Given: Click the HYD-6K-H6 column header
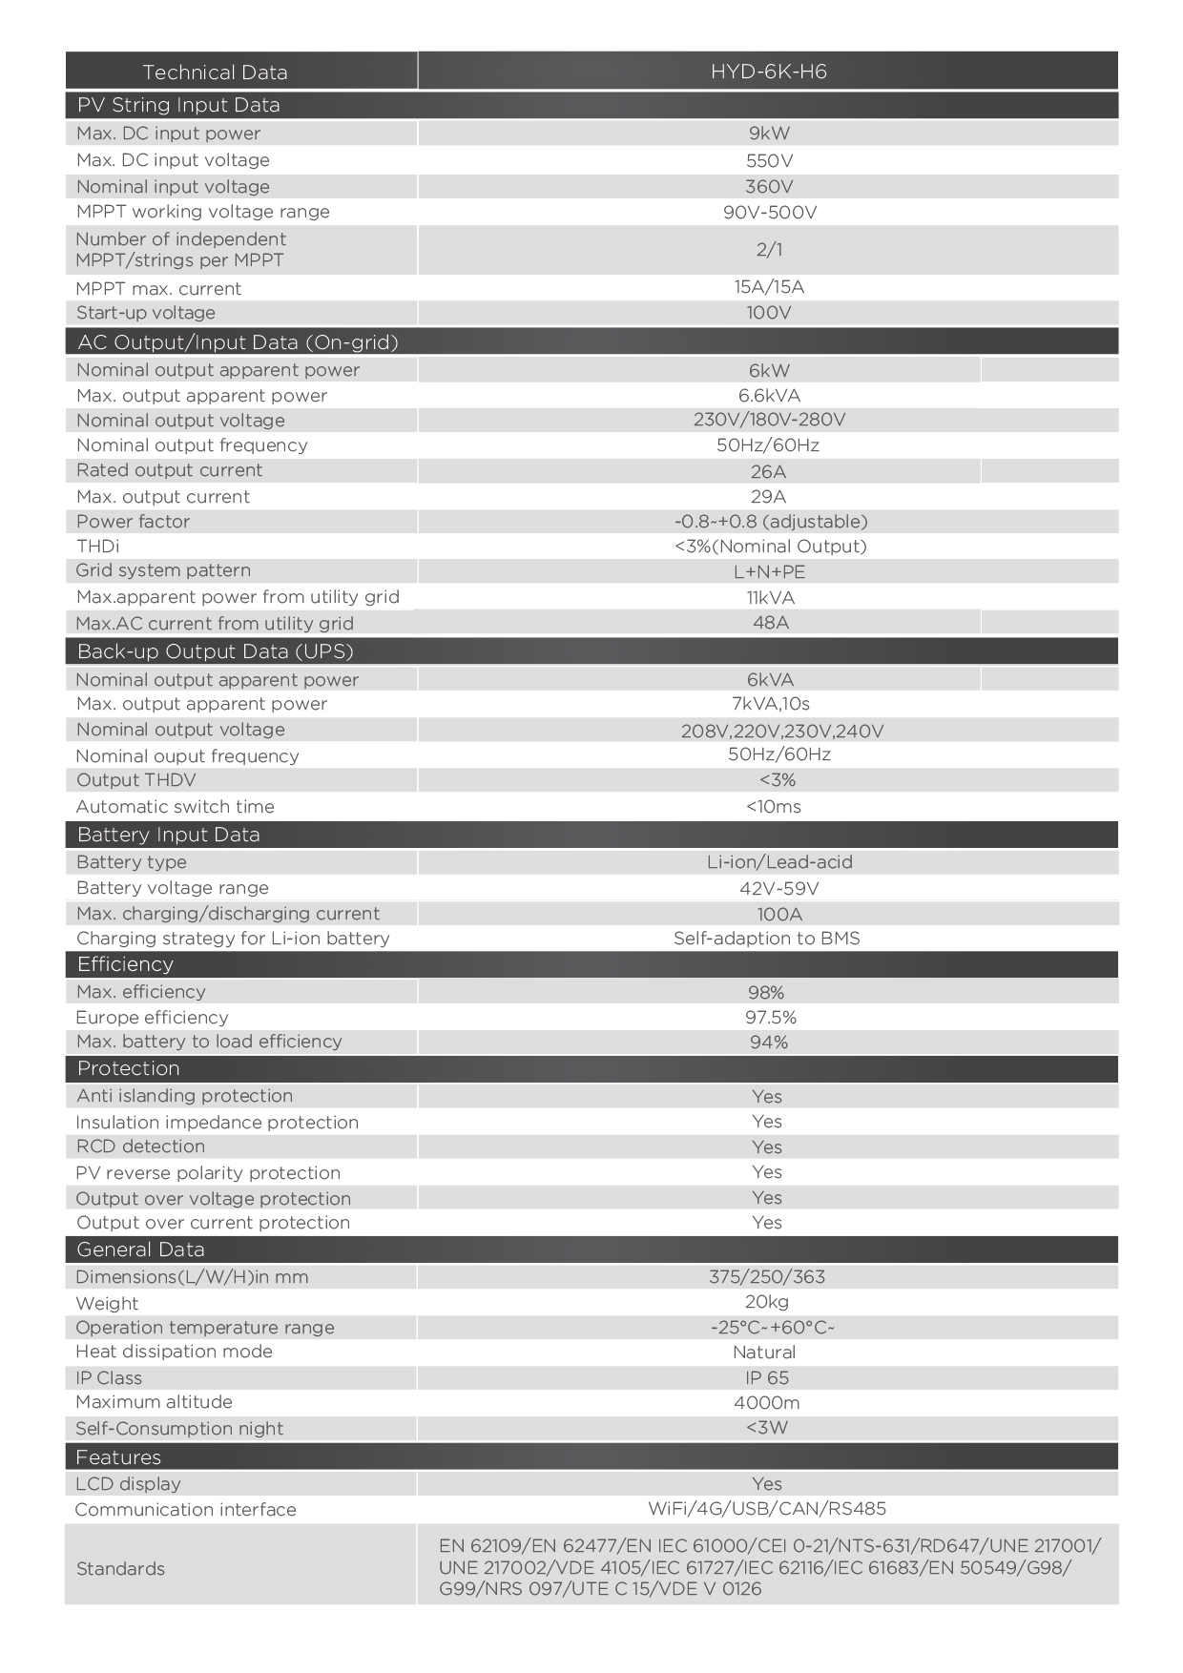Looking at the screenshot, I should [x=768, y=72].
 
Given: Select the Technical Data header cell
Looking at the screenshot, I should [x=215, y=72].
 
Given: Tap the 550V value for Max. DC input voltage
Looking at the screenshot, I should [x=769, y=161].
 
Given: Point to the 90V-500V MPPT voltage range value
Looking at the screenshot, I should [x=769, y=212].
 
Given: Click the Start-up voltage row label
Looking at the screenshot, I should [x=146, y=313].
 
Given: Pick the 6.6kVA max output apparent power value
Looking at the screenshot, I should [x=769, y=396].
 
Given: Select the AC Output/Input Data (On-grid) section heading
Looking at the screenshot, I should [x=238, y=342].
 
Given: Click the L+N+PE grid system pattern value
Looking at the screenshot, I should [x=769, y=572].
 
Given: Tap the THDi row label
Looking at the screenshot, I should [x=98, y=547].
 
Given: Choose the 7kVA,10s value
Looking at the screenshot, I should [x=770, y=704].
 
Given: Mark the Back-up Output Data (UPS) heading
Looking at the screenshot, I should [x=215, y=651].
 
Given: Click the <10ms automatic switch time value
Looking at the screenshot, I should [x=774, y=807].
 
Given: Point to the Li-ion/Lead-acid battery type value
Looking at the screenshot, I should [x=779, y=862].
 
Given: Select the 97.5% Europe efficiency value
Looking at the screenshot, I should [x=771, y=1018].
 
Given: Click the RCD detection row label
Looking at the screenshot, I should [x=140, y=1146].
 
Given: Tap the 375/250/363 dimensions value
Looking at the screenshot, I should [x=767, y=1277].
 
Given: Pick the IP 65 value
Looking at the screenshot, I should [x=767, y=1378].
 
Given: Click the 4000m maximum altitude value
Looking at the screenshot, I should [x=767, y=1403].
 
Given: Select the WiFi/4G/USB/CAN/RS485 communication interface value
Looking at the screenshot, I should [x=767, y=1509].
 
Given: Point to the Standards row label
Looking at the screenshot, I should [x=120, y=1569].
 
